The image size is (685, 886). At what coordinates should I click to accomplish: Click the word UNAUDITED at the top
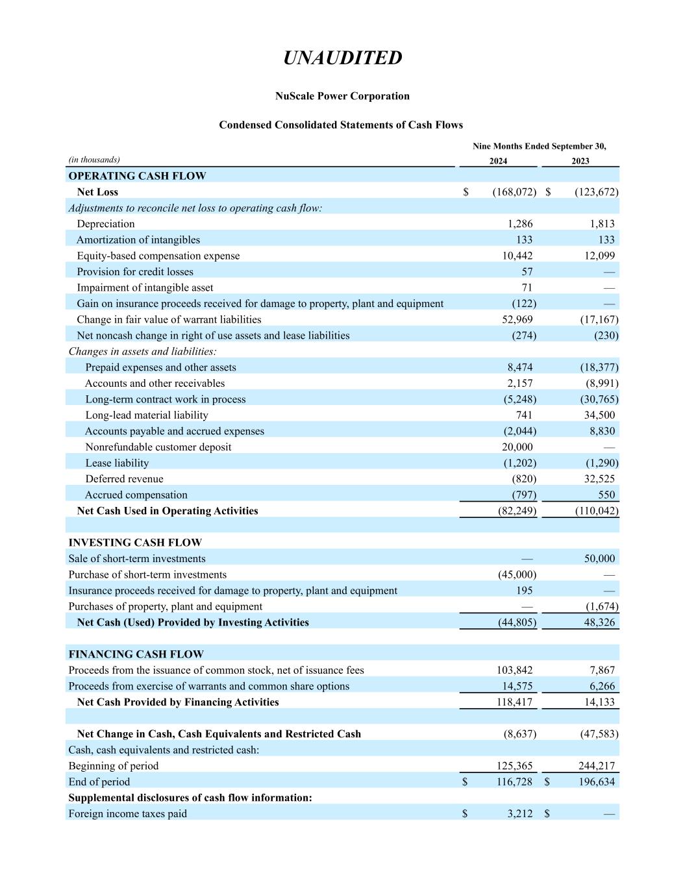(342, 58)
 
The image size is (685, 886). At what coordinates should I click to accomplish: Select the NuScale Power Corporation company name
(342, 96)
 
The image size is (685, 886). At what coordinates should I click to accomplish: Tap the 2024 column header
(498, 161)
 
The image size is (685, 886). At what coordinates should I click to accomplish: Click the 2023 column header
(580, 161)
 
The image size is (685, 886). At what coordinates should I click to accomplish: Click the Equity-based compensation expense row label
(158, 256)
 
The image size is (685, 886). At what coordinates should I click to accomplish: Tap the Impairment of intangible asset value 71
(527, 288)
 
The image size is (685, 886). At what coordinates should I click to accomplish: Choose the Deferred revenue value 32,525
(597, 479)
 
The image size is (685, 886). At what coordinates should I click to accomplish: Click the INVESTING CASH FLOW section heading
(135, 543)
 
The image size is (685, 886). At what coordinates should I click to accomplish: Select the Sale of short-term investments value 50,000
(599, 559)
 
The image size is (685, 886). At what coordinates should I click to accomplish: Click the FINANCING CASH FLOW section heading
(136, 654)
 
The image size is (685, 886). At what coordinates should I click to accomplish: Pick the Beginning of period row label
(114, 766)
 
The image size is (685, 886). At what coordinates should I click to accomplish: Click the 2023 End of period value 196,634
(596, 782)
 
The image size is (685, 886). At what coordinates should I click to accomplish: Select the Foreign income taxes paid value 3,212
(519, 814)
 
